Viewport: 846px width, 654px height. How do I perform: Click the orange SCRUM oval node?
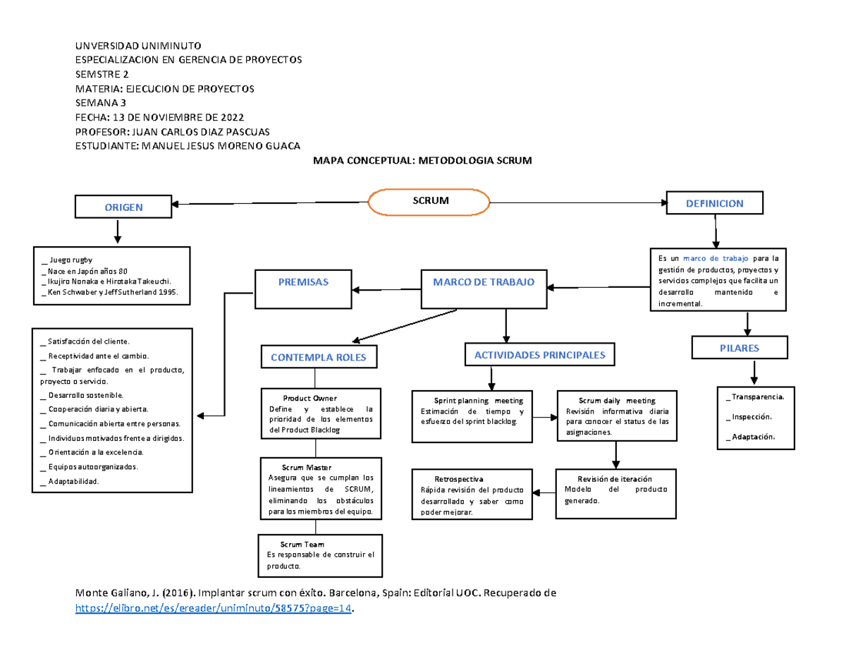coord(429,202)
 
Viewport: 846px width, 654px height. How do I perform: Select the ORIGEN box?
coord(123,207)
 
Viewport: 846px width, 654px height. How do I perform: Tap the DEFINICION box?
coord(714,203)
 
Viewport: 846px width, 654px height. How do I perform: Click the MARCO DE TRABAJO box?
coord(484,283)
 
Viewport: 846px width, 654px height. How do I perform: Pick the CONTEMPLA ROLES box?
coord(319,358)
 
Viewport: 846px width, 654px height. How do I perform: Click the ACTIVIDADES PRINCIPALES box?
coord(539,355)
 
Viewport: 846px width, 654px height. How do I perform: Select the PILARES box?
coord(740,348)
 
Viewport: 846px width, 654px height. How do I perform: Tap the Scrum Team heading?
coord(302,544)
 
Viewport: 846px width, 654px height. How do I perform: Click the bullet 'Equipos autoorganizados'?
coord(90,467)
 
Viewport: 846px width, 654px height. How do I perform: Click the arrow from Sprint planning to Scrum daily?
coord(544,417)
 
